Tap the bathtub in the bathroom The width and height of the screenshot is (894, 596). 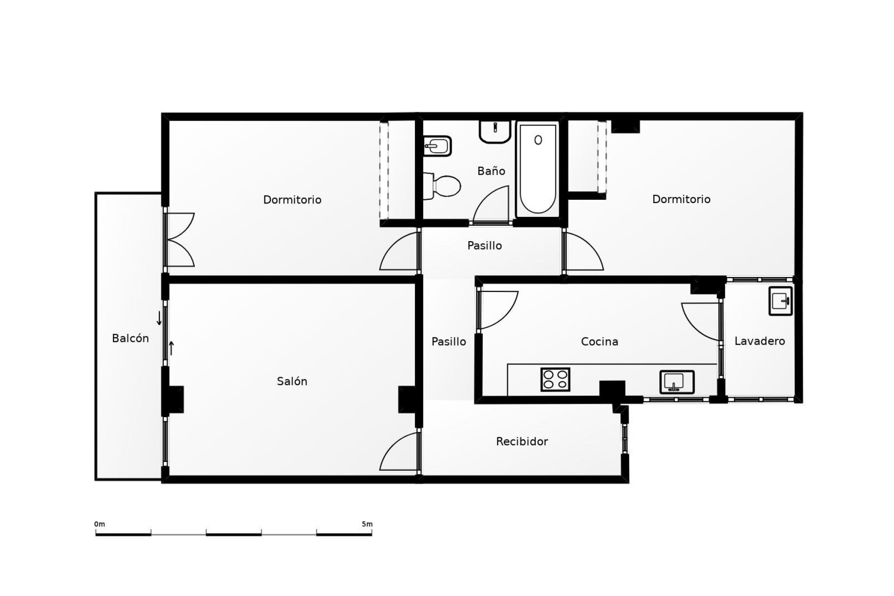538,170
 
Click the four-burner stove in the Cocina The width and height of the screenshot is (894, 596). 555,379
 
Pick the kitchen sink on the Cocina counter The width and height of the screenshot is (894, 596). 677,382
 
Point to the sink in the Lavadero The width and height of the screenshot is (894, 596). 780,301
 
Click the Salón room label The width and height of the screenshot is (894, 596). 292,381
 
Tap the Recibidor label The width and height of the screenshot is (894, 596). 521,441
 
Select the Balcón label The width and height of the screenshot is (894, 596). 130,339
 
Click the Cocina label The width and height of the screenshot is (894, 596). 599,342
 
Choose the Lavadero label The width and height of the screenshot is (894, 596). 759,341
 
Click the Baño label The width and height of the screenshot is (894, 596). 491,171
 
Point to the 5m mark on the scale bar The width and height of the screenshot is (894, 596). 367,524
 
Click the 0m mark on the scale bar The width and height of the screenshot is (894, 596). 100,524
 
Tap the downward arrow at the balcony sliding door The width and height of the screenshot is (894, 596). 159,318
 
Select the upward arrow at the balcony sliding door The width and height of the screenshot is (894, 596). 171,348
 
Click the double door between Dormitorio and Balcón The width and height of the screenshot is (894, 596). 179,240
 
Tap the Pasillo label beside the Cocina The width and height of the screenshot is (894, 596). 448,342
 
